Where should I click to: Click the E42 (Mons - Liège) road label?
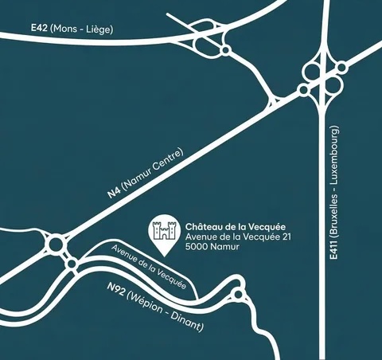point(72,29)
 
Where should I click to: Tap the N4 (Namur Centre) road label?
point(146,174)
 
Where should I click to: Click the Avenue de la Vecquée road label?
point(150,266)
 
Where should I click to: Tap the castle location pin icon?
point(165,234)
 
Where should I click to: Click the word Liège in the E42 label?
point(99,29)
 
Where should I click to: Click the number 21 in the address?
point(278,237)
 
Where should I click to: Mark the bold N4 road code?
point(115,194)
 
